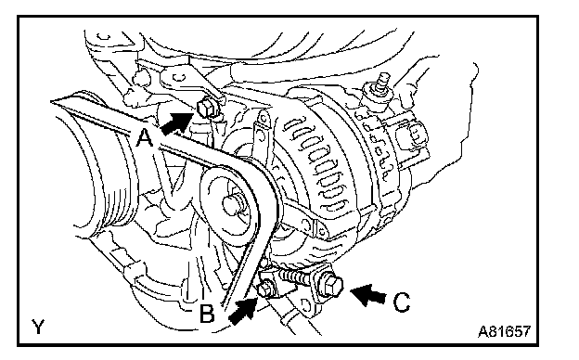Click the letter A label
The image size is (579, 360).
(145, 137)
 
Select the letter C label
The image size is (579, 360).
(402, 302)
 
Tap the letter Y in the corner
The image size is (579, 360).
(38, 326)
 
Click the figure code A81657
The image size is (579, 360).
(504, 331)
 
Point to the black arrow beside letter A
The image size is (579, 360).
(177, 122)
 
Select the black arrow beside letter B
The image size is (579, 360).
(243, 311)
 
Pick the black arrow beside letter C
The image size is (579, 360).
(367, 294)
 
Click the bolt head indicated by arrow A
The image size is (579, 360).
(205, 108)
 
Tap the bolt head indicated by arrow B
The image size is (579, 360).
(264, 289)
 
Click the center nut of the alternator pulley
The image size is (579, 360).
(233, 204)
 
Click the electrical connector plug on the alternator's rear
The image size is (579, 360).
(412, 135)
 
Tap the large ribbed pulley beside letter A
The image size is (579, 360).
(99, 174)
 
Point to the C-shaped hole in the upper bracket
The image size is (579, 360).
(180, 76)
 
